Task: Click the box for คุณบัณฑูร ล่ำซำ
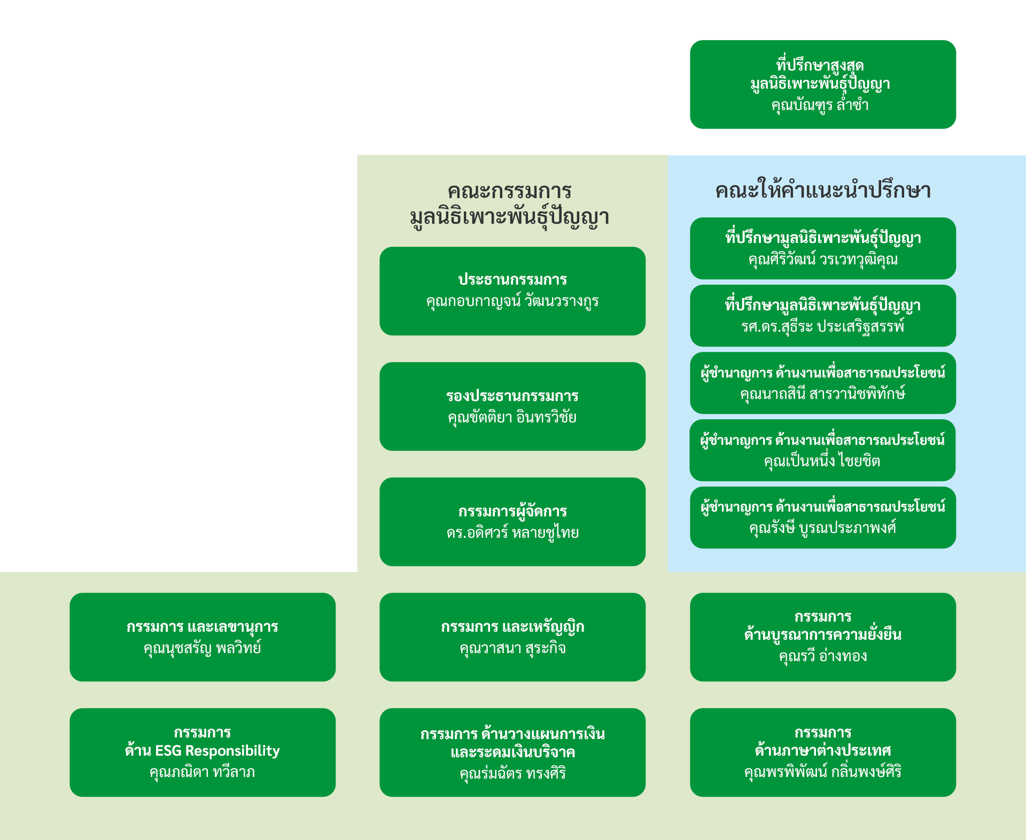click(822, 84)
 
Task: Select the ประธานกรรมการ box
click(512, 291)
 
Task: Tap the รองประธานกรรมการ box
click(512, 406)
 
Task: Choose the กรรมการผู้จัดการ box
click(512, 522)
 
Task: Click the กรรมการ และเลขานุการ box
click(202, 637)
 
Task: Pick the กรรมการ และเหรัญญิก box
click(512, 637)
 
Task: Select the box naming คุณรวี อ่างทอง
click(822, 637)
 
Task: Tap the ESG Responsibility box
click(202, 752)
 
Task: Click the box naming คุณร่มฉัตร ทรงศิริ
click(512, 752)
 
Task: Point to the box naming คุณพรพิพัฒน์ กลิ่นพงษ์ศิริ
click(822, 752)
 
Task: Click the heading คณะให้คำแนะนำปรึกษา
click(822, 191)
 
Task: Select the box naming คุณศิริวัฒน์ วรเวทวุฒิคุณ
click(822, 248)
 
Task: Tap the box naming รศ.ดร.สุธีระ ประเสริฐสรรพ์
click(822, 316)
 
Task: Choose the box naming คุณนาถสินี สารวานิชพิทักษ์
click(822, 383)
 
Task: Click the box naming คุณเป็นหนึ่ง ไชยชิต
click(822, 450)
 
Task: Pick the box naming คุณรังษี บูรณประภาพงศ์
click(822, 517)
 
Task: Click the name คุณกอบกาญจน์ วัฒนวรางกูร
click(512, 301)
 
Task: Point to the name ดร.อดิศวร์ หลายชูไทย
click(512, 533)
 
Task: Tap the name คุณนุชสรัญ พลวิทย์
click(202, 648)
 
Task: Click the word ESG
click(168, 751)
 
